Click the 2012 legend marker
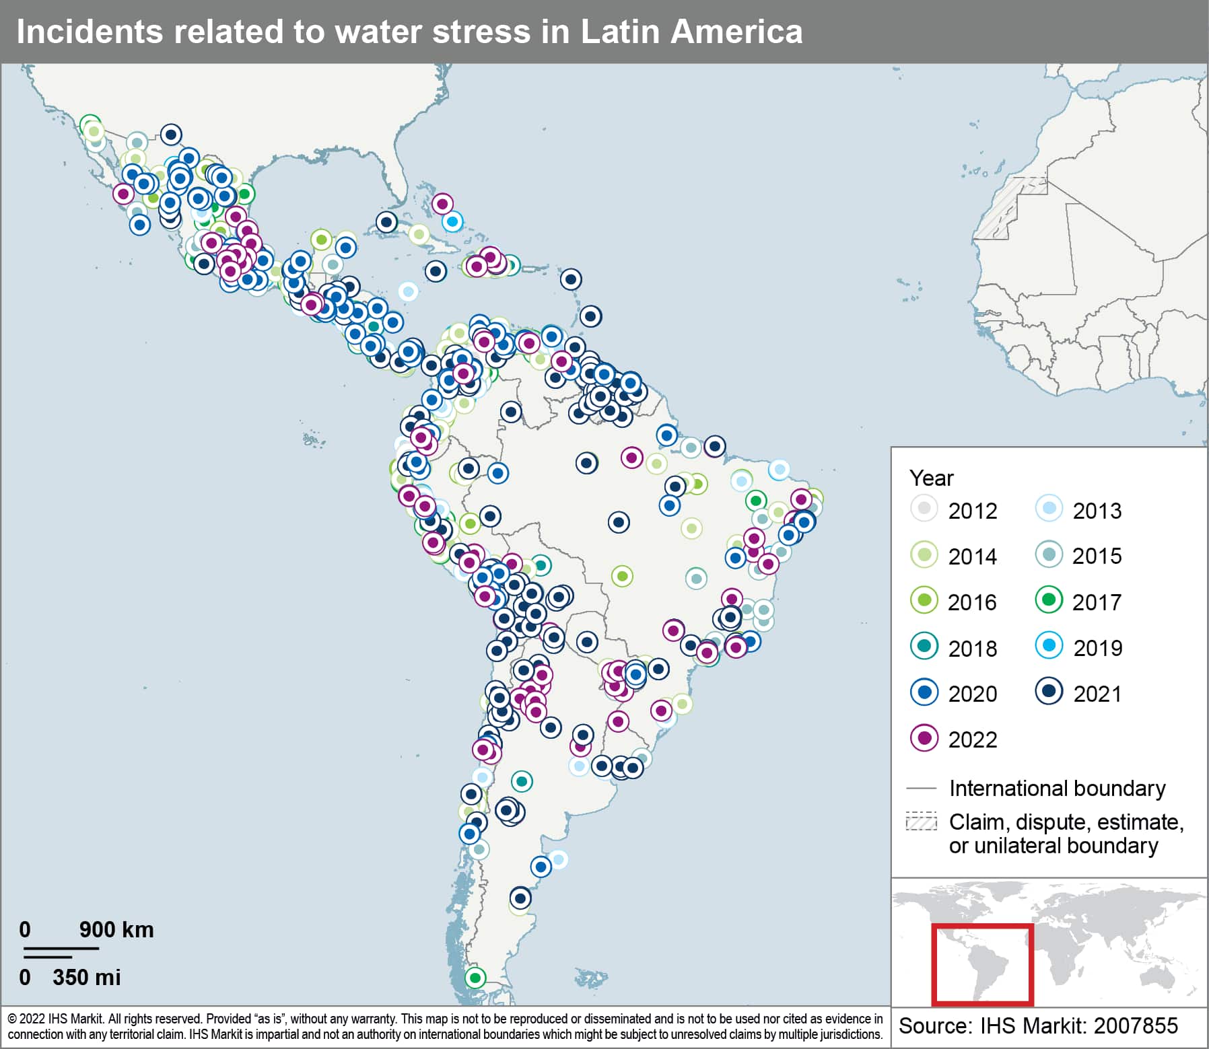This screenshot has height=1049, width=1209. click(924, 509)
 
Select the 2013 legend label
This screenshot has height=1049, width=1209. click(1097, 511)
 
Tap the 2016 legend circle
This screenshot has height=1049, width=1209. click(924, 600)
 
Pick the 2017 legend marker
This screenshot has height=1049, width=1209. click(1048, 600)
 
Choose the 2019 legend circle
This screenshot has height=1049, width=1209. click(1048, 646)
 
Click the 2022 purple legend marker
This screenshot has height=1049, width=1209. click(924, 738)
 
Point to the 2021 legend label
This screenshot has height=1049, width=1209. click(1097, 694)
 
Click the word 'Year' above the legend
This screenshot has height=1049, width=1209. click(931, 478)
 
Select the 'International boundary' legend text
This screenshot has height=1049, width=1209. click(1057, 788)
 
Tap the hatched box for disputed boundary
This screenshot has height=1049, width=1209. click(921, 822)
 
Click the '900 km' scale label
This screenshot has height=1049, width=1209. click(116, 929)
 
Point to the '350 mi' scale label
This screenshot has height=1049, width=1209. click(86, 977)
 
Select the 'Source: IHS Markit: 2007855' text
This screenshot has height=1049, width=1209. click(1038, 1026)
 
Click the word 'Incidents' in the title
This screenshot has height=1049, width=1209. click(89, 32)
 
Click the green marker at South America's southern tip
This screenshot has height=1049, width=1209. click(475, 977)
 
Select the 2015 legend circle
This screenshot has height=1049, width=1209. click(1048, 554)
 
